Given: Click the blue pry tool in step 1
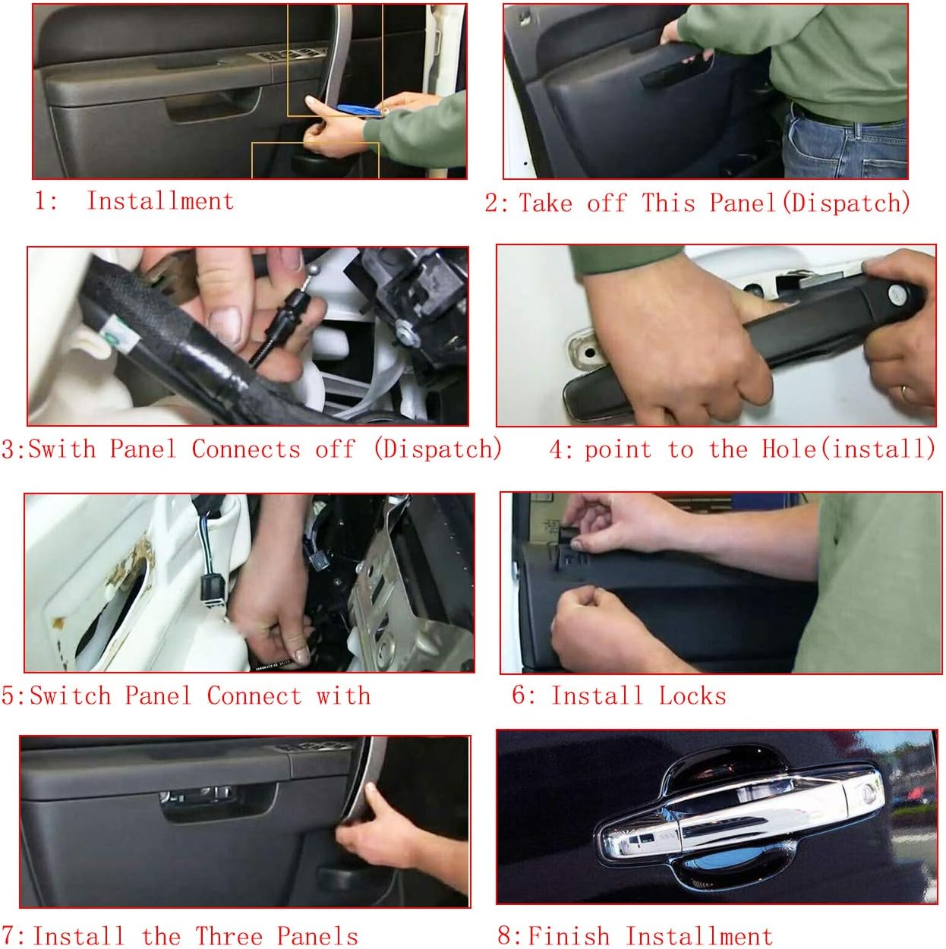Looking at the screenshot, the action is click(x=359, y=110).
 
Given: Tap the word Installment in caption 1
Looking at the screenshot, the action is click(x=160, y=201).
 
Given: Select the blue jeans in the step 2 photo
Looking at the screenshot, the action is click(x=845, y=143).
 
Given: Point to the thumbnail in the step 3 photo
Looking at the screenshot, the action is click(x=225, y=324).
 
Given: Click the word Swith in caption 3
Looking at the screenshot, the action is click(x=61, y=449).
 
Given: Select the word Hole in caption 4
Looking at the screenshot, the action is click(x=788, y=448).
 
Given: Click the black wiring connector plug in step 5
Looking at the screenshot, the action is click(x=213, y=588).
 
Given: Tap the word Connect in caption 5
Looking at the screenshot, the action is click(x=254, y=695).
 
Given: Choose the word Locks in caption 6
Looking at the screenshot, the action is click(x=692, y=695).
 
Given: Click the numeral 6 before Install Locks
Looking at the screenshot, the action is click(x=520, y=695).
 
